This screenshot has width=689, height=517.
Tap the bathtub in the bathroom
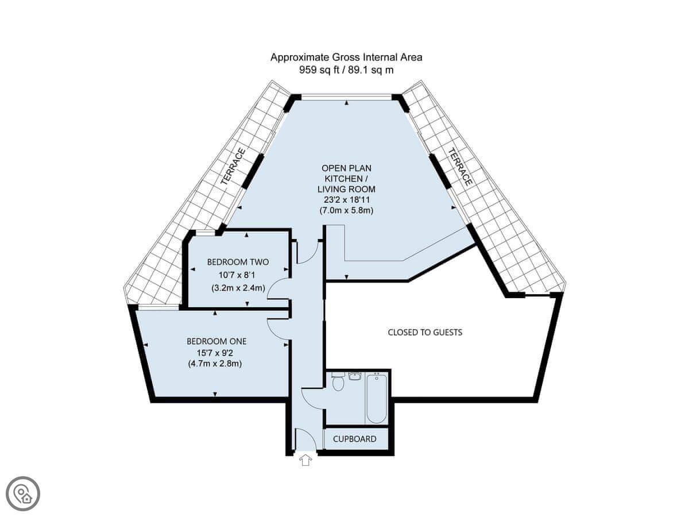(x=377, y=398)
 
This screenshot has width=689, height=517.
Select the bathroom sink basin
(x=355, y=376)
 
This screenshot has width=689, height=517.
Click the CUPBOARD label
(x=354, y=439)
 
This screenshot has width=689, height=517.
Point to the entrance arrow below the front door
(x=305, y=461)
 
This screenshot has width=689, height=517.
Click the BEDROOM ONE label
(x=216, y=341)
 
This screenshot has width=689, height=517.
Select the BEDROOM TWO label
(x=238, y=262)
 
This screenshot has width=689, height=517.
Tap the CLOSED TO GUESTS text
(x=425, y=332)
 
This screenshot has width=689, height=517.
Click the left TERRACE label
(x=233, y=167)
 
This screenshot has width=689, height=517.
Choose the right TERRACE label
(x=460, y=167)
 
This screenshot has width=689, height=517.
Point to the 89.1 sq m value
(x=371, y=70)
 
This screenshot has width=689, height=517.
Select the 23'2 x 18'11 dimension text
(x=347, y=200)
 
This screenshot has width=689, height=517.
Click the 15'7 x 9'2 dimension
(x=215, y=353)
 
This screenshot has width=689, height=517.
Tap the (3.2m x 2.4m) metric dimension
(x=238, y=288)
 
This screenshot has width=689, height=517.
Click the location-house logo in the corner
(x=23, y=494)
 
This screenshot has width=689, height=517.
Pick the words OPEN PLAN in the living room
(x=347, y=168)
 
